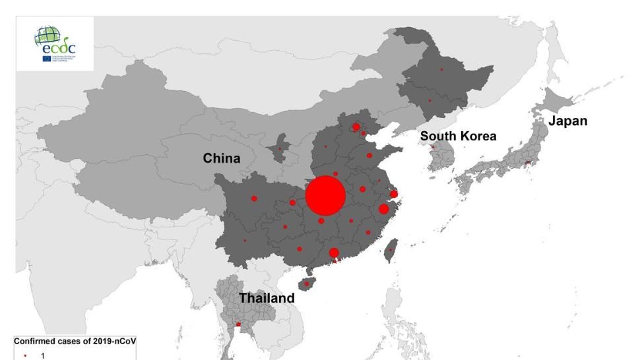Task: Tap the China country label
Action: pyautogui.click(x=221, y=158)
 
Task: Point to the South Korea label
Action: pyautogui.click(x=458, y=136)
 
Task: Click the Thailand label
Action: pyautogui.click(x=267, y=298)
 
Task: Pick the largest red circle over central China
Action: pyautogui.click(x=325, y=196)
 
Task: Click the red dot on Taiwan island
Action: pyautogui.click(x=391, y=249)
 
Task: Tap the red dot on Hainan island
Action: pyautogui.click(x=307, y=284)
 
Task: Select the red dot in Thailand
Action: pyautogui.click(x=238, y=324)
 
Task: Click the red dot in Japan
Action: pyautogui.click(x=527, y=163)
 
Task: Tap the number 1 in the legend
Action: pyautogui.click(x=43, y=355)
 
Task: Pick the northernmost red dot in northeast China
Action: pyautogui.click(x=441, y=69)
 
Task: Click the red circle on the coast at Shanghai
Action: pyautogui.click(x=394, y=194)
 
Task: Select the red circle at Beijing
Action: pyautogui.click(x=356, y=127)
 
